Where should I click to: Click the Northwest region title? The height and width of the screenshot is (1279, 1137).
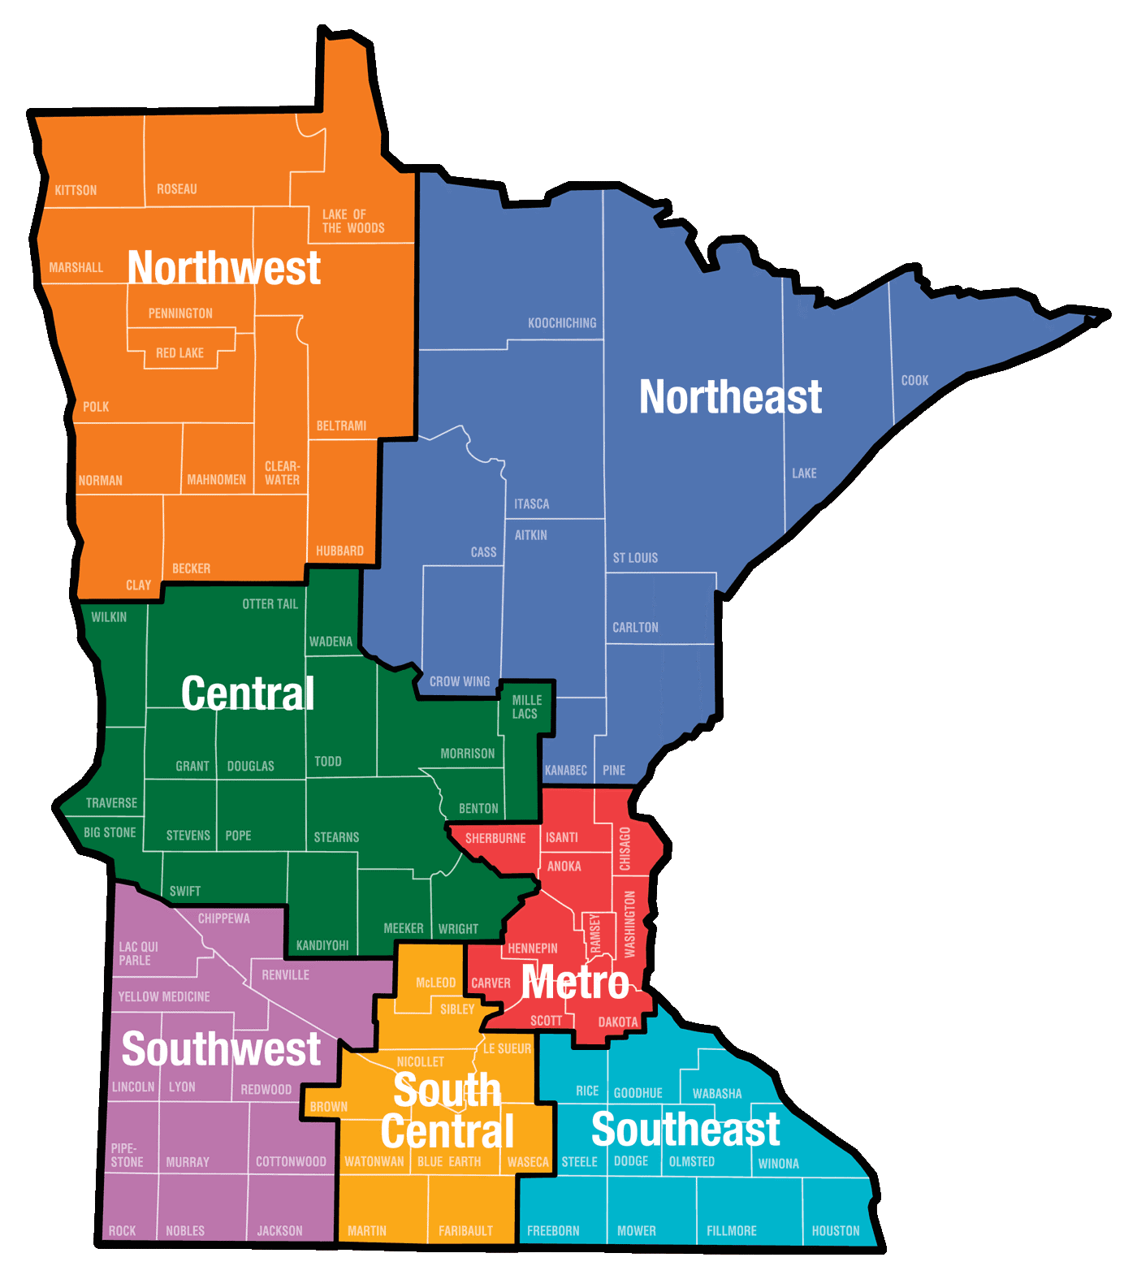224,267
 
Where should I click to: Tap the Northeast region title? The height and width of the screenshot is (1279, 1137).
730,396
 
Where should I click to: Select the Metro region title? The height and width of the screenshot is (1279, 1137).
575,983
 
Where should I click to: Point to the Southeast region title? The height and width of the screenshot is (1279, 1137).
685,1129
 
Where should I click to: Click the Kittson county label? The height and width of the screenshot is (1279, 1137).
76,190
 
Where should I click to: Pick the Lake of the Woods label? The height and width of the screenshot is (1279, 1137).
353,221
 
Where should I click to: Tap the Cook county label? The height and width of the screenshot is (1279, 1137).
914,380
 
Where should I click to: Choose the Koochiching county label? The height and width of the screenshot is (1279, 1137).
562,323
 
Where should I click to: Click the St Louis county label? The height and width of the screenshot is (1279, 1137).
635,558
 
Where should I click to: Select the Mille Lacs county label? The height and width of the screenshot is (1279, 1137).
526,706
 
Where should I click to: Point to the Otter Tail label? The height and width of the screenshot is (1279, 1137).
270,604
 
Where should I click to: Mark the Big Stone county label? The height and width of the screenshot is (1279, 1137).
110,832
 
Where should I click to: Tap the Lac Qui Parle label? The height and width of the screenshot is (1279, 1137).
138,953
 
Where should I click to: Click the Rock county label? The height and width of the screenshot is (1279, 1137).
123,1231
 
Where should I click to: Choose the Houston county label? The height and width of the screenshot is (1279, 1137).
836,1231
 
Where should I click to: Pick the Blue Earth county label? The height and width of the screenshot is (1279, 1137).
449,1162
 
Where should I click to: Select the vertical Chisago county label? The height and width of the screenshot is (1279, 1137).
625,849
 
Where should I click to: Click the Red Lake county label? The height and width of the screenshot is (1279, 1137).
179,353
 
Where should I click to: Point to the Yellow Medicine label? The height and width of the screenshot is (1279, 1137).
164,996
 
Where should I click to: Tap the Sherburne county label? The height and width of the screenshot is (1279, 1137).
495,838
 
